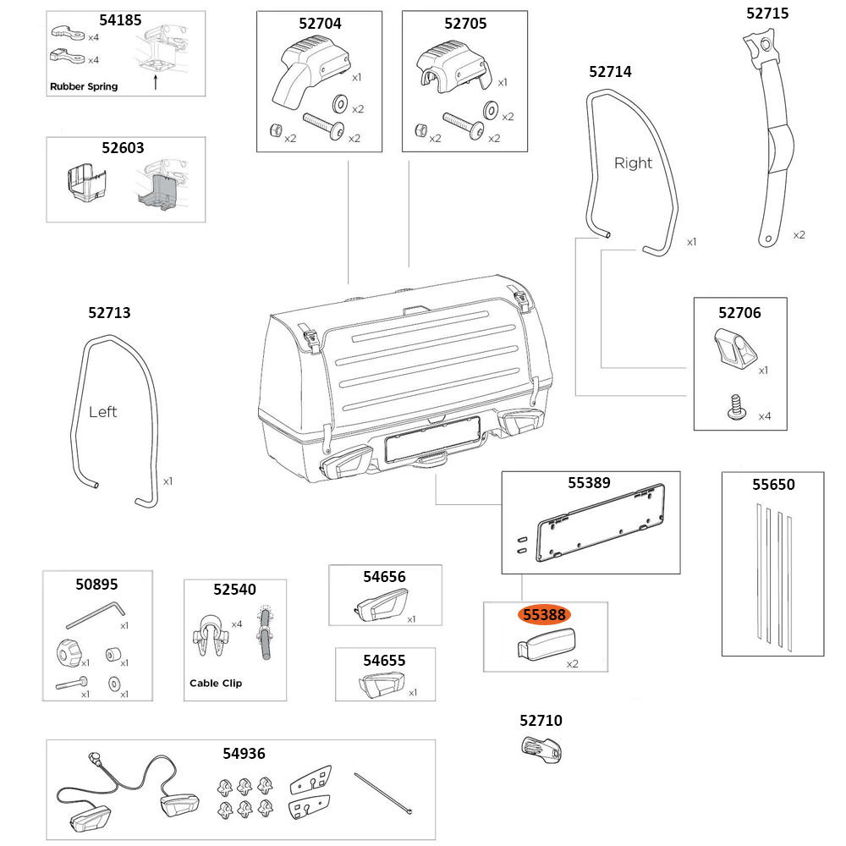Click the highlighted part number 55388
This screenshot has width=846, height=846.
tap(545, 615)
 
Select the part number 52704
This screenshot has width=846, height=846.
tap(320, 24)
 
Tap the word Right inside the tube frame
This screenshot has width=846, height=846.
tap(633, 162)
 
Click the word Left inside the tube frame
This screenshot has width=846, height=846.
tap(102, 412)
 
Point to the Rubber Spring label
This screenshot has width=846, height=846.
tap(84, 86)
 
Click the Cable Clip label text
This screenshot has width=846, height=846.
tap(215, 683)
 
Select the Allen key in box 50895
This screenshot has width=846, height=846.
tap(96, 613)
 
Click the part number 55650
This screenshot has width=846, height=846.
tap(773, 485)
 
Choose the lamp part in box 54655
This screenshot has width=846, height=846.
tap(382, 683)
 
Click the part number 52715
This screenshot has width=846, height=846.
tap(767, 13)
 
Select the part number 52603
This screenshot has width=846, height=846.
tap(123, 146)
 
